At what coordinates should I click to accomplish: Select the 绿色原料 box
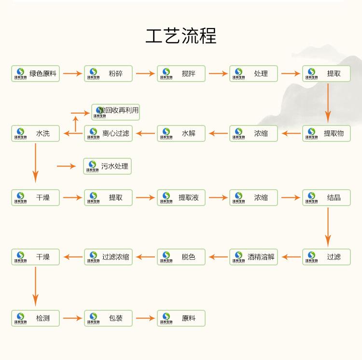pyautogui.click(x=36, y=73)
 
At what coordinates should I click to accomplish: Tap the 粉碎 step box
pyautogui.click(x=108, y=73)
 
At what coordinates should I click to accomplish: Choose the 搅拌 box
pyautogui.click(x=181, y=73)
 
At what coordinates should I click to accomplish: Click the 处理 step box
pyautogui.click(x=253, y=73)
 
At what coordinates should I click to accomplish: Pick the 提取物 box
pyautogui.click(x=326, y=133)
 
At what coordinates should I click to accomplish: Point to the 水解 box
pyautogui.click(x=181, y=133)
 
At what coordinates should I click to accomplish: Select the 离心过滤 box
pyautogui.click(x=108, y=133)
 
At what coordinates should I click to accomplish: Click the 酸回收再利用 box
pyautogui.click(x=116, y=111)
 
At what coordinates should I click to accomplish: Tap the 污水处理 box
pyautogui.click(x=108, y=166)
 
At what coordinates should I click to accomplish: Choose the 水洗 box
pyautogui.click(x=36, y=133)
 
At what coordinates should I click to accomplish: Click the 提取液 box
pyautogui.click(x=181, y=197)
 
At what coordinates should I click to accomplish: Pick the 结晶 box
pyautogui.click(x=326, y=197)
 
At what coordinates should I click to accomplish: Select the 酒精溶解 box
pyautogui.click(x=253, y=257)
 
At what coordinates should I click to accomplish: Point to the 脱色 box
pyautogui.click(x=181, y=257)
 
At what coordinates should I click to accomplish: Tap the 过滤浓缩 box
pyautogui.click(x=108, y=257)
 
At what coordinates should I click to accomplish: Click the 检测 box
pyautogui.click(x=36, y=318)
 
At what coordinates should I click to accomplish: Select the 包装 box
pyautogui.click(x=108, y=318)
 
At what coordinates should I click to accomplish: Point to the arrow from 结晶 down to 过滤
pyautogui.click(x=328, y=227)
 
